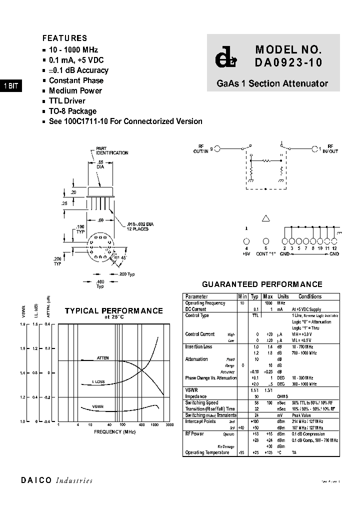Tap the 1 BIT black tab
coord(10,86)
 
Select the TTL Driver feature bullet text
coord(67,101)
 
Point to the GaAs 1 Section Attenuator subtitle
coord(272,83)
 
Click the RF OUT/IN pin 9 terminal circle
coord(217,148)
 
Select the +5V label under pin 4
coord(246,254)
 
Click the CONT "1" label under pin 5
coord(266,254)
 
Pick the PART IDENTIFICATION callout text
coord(112,151)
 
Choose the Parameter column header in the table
coord(196,296)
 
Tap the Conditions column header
coord(310,296)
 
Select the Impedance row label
coord(195,396)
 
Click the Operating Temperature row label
coord(207,452)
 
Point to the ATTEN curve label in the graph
coord(102,358)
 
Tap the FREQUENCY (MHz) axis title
coord(114,431)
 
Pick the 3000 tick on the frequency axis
coord(169,425)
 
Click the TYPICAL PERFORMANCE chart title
coord(113,311)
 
